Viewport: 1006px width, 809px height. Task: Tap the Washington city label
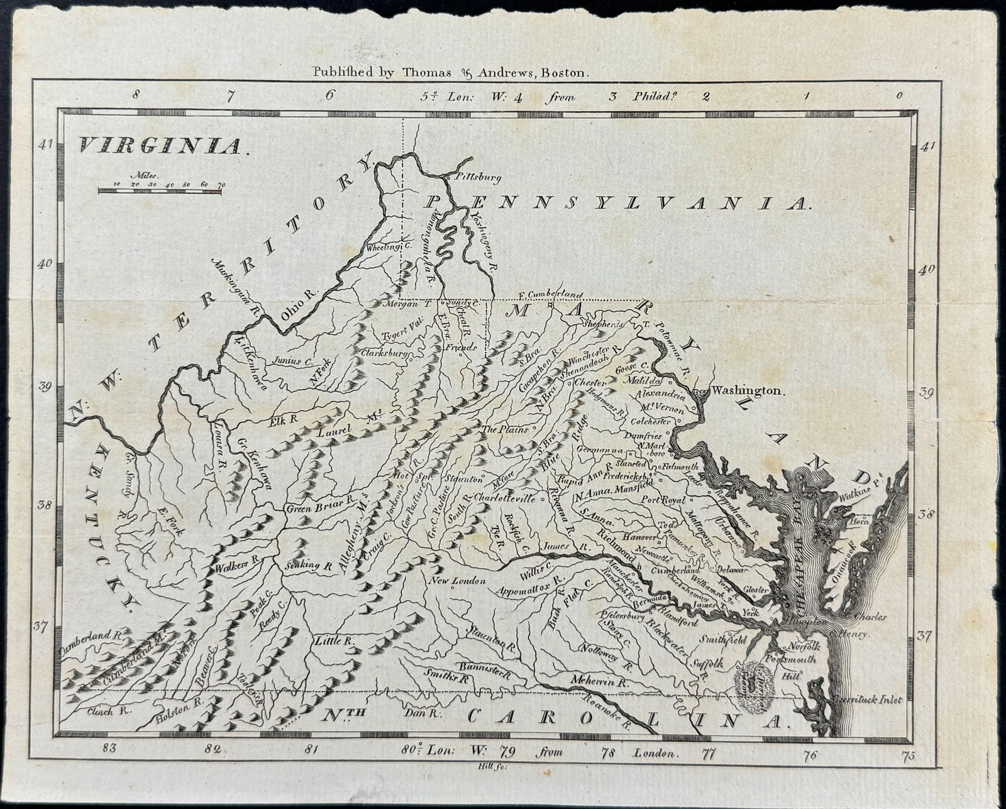click(747, 390)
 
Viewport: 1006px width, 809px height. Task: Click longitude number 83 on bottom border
click(110, 749)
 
